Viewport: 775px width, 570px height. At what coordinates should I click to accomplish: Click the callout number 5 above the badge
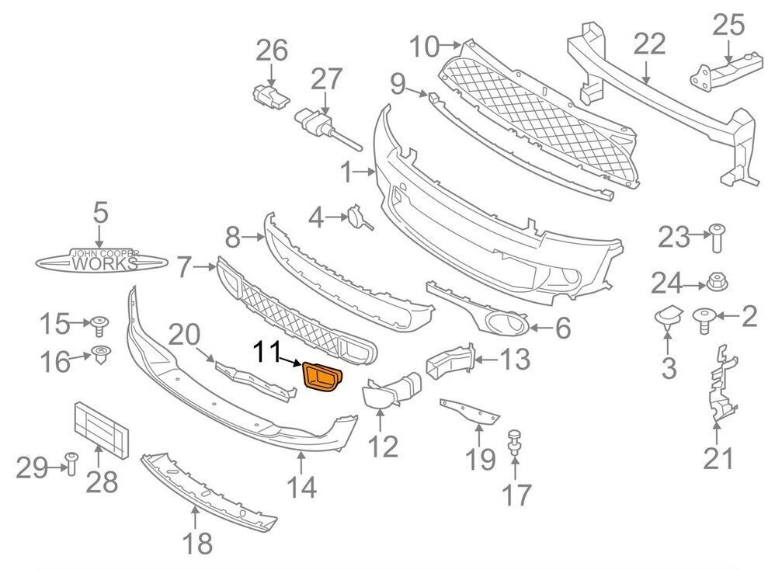(101, 213)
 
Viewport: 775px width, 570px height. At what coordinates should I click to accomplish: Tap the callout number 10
(425, 47)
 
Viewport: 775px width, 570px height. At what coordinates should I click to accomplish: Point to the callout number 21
(718, 459)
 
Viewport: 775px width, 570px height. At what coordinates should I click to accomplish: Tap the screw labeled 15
(99, 322)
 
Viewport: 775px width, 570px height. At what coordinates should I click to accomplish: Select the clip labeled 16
(100, 356)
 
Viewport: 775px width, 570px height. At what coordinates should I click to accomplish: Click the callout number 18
(198, 543)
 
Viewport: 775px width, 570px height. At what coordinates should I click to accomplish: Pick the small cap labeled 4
(358, 217)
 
